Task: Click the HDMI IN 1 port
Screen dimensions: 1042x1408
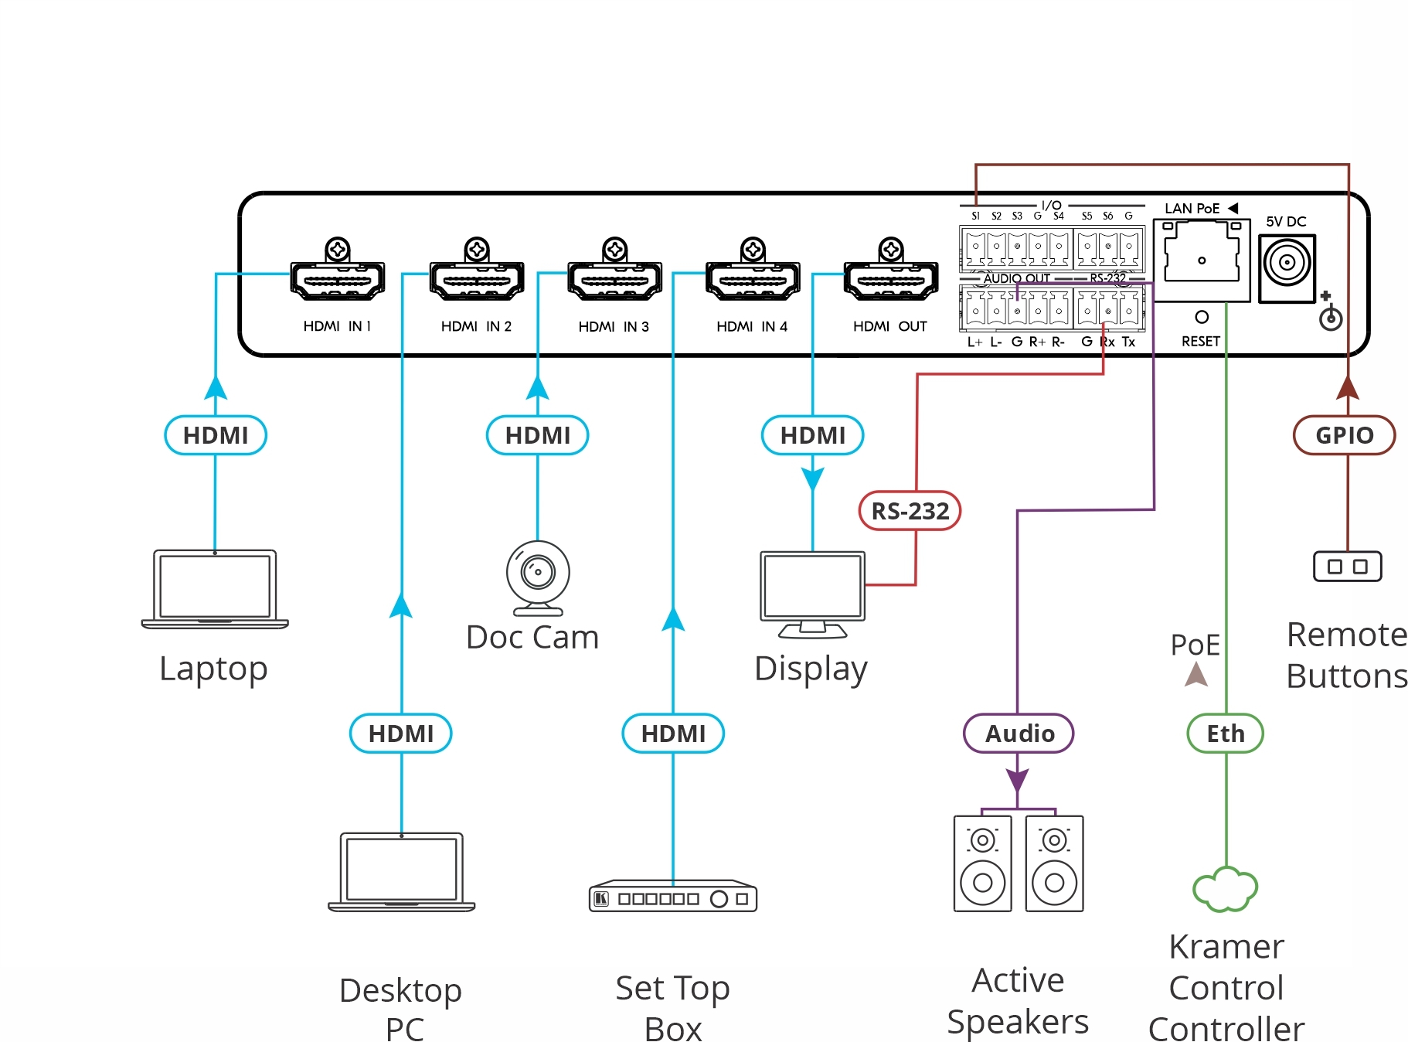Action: (338, 281)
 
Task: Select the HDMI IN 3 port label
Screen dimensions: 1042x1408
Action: (614, 327)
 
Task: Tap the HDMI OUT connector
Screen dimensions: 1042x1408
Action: (891, 281)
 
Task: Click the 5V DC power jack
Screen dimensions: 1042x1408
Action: (1287, 263)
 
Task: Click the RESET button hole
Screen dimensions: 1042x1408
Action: (1202, 317)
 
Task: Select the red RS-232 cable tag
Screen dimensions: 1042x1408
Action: (910, 511)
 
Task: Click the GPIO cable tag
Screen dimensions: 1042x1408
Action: (1345, 435)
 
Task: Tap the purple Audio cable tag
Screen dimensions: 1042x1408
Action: (1019, 734)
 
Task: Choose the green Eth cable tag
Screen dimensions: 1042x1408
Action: (1226, 734)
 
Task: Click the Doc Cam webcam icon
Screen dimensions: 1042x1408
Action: (538, 577)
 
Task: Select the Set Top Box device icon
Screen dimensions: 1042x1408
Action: (672, 897)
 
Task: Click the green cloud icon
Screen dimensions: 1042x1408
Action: (1226, 889)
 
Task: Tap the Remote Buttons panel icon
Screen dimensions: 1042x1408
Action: (1348, 567)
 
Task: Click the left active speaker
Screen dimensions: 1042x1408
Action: (983, 863)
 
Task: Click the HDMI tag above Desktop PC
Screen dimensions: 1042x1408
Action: (401, 734)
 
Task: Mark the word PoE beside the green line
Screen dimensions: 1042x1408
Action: (1195, 645)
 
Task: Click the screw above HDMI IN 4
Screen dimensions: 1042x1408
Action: (753, 250)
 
